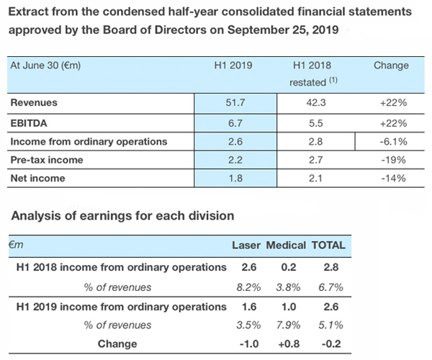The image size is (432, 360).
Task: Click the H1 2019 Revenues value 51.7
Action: coord(236,104)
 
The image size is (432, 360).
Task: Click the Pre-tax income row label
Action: coord(46,160)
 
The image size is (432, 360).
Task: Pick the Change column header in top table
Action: coord(391,66)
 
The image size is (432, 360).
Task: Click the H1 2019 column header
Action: coord(236,66)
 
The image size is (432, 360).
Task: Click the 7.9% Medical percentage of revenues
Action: coord(286,325)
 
